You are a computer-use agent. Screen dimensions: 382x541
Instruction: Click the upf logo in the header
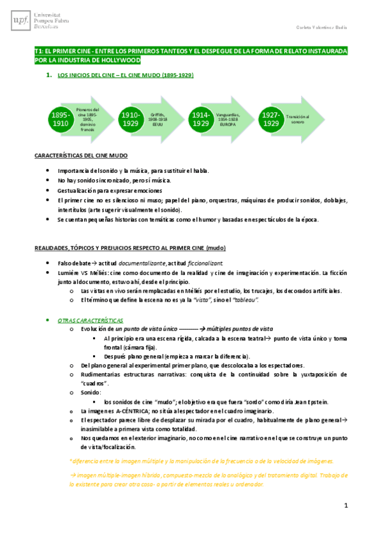18,20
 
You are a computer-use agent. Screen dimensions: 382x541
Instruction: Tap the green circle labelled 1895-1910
61,119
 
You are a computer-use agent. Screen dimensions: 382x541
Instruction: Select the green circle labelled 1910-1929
131,119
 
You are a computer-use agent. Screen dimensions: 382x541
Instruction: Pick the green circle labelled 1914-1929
200,119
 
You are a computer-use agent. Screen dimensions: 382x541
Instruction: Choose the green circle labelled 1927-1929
270,119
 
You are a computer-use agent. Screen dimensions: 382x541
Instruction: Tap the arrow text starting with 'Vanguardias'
228,119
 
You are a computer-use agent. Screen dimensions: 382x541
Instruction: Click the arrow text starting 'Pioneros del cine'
87,119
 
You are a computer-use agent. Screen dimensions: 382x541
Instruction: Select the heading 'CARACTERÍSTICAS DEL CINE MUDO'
81,156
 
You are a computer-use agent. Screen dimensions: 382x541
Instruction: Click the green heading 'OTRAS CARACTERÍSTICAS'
91,320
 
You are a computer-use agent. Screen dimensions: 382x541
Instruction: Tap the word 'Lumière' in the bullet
68,272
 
